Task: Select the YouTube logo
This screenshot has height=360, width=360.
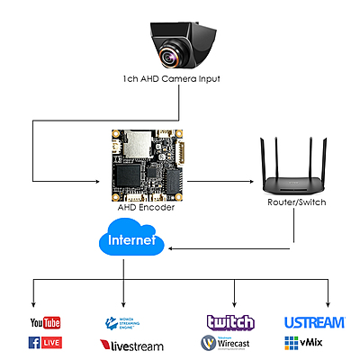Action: pyautogui.click(x=45, y=322)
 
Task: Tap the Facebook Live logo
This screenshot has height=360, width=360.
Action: pyautogui.click(x=45, y=342)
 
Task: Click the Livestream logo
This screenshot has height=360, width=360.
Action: pyautogui.click(x=130, y=344)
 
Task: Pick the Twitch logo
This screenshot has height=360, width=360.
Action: pyautogui.click(x=230, y=322)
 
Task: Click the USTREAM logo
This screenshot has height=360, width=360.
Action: pyautogui.click(x=314, y=322)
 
